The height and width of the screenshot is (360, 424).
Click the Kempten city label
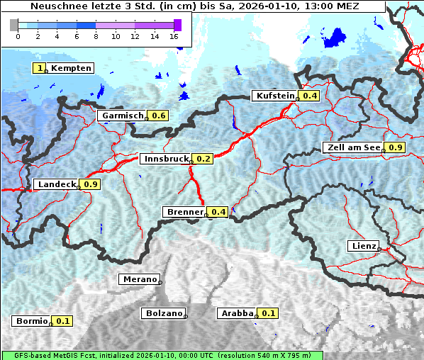[71, 68]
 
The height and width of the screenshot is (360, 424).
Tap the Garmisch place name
[122, 116]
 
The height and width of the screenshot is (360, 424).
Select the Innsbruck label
[164, 159]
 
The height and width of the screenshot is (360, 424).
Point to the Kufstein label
[274, 96]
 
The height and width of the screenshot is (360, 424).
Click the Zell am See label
[352, 147]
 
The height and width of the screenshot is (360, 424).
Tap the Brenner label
[184, 212]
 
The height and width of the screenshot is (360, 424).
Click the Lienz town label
[364, 246]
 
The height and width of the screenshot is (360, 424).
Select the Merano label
[139, 279]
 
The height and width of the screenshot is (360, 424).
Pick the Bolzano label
[164, 313]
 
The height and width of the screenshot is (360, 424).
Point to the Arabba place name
[236, 313]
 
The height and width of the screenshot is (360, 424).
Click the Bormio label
[31, 321]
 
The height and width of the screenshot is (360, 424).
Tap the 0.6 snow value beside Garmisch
[159, 116]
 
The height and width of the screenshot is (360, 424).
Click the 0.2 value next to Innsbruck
[203, 159]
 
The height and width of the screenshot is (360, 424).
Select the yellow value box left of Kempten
[40, 68]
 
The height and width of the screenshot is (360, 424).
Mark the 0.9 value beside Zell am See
[395, 147]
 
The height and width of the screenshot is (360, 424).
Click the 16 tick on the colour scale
[174, 35]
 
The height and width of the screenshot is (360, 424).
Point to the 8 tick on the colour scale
[96, 35]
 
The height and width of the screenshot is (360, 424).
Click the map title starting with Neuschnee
[195, 6]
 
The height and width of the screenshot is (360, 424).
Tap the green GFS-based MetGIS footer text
[162, 355]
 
